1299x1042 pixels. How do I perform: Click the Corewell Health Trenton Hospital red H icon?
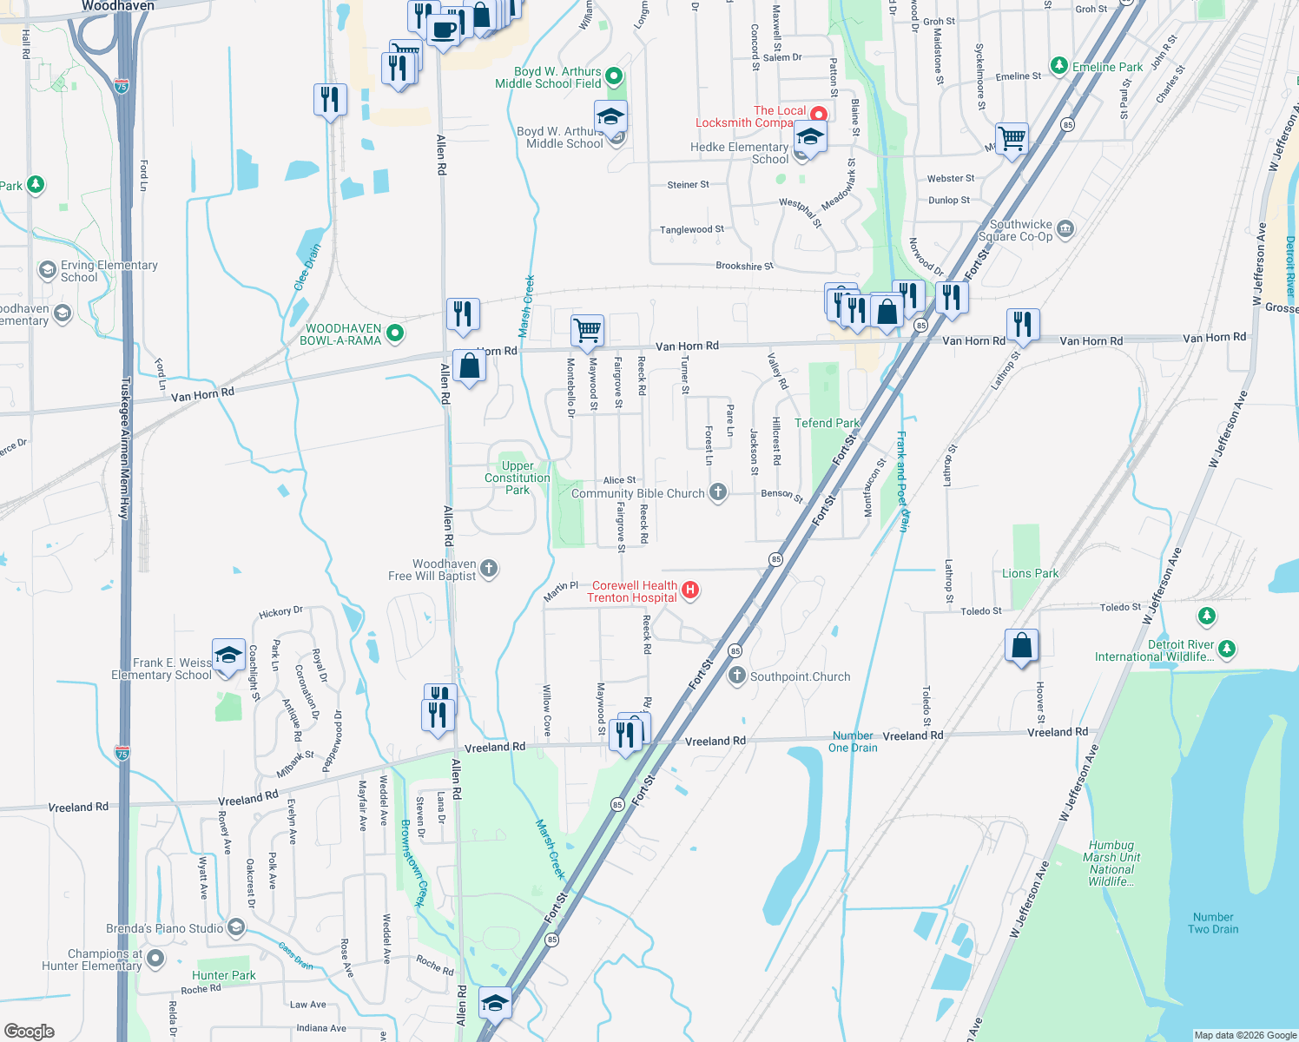point(690,590)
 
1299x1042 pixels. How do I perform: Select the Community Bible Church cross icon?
point(717,492)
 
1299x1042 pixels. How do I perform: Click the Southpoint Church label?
point(800,676)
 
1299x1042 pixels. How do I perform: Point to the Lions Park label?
point(1030,573)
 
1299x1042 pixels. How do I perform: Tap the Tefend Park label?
point(827,423)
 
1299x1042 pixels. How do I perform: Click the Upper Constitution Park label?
point(518,478)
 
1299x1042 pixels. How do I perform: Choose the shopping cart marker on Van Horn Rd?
point(588,330)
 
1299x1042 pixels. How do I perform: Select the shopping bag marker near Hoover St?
point(1022,645)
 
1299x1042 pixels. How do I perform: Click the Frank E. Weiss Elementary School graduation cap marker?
point(227,655)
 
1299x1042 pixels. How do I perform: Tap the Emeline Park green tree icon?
point(1058,66)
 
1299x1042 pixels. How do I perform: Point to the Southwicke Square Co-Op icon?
point(1065,229)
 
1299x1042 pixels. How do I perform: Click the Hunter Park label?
point(224,975)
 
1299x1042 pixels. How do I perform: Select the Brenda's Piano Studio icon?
point(235,927)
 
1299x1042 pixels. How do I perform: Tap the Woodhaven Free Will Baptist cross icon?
point(489,569)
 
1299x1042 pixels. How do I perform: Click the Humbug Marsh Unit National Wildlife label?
point(1111,863)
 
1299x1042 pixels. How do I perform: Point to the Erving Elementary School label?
point(109,271)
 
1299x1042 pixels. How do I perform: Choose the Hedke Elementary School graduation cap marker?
point(809,138)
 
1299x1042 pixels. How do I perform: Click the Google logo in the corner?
point(29,1031)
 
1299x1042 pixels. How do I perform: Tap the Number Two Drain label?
point(1213,923)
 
